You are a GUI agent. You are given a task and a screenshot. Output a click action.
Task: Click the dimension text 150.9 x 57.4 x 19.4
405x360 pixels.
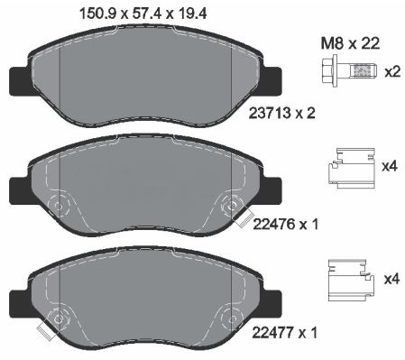[x=143, y=14]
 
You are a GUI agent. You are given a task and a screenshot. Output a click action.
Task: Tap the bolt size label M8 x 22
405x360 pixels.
[x=350, y=44]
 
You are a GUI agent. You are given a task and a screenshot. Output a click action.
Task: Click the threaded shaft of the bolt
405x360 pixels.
[x=362, y=71]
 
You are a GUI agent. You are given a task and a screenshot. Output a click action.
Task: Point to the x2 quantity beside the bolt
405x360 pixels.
[x=392, y=72]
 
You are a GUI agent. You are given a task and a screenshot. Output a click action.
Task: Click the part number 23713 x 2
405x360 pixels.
[x=281, y=114]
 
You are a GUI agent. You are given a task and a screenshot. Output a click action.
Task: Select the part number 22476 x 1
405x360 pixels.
[x=285, y=225]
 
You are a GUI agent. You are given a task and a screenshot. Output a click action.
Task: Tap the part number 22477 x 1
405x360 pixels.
[x=284, y=333]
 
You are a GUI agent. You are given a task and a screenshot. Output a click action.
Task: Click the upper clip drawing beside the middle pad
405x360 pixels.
[x=351, y=168]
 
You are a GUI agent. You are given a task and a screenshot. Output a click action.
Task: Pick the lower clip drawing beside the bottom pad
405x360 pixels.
[x=351, y=280]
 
